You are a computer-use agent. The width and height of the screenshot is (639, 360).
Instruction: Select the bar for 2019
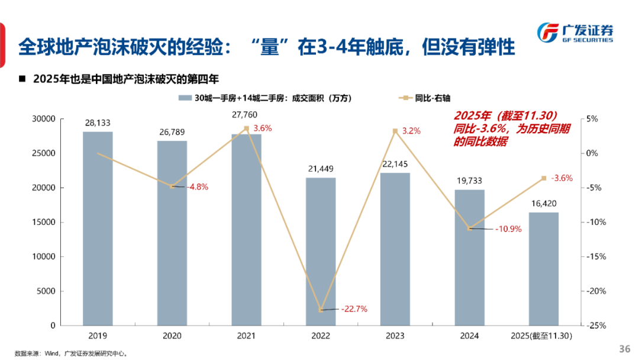[x=98, y=228]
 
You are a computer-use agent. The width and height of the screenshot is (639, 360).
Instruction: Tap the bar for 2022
[x=321, y=251]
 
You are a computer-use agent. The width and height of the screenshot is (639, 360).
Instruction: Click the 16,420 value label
[x=543, y=204]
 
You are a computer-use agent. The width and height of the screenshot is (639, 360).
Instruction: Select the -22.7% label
[x=354, y=308]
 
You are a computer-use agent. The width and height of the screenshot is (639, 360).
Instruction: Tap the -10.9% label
[x=508, y=229]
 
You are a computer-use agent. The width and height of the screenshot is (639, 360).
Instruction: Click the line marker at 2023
[x=395, y=131]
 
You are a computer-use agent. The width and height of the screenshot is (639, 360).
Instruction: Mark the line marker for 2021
[x=246, y=128]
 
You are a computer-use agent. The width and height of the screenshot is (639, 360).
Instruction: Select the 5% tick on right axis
[x=592, y=119]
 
